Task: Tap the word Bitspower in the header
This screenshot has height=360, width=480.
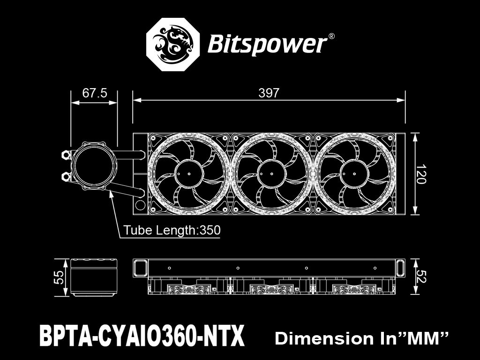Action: [x=266, y=45]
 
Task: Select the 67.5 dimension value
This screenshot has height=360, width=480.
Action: [x=95, y=93]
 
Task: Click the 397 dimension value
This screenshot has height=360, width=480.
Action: [x=269, y=93]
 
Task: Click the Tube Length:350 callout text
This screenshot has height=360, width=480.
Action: [x=172, y=231]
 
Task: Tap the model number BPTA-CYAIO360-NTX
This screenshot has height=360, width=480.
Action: [x=142, y=337]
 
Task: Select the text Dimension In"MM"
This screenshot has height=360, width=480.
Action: [x=362, y=338]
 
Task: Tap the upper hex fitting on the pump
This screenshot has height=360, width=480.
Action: [x=65, y=154]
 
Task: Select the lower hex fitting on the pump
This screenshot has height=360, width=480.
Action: [x=65, y=176]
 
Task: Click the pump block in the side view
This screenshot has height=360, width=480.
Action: [x=93, y=277]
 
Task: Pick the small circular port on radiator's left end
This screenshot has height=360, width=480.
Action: [x=140, y=205]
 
